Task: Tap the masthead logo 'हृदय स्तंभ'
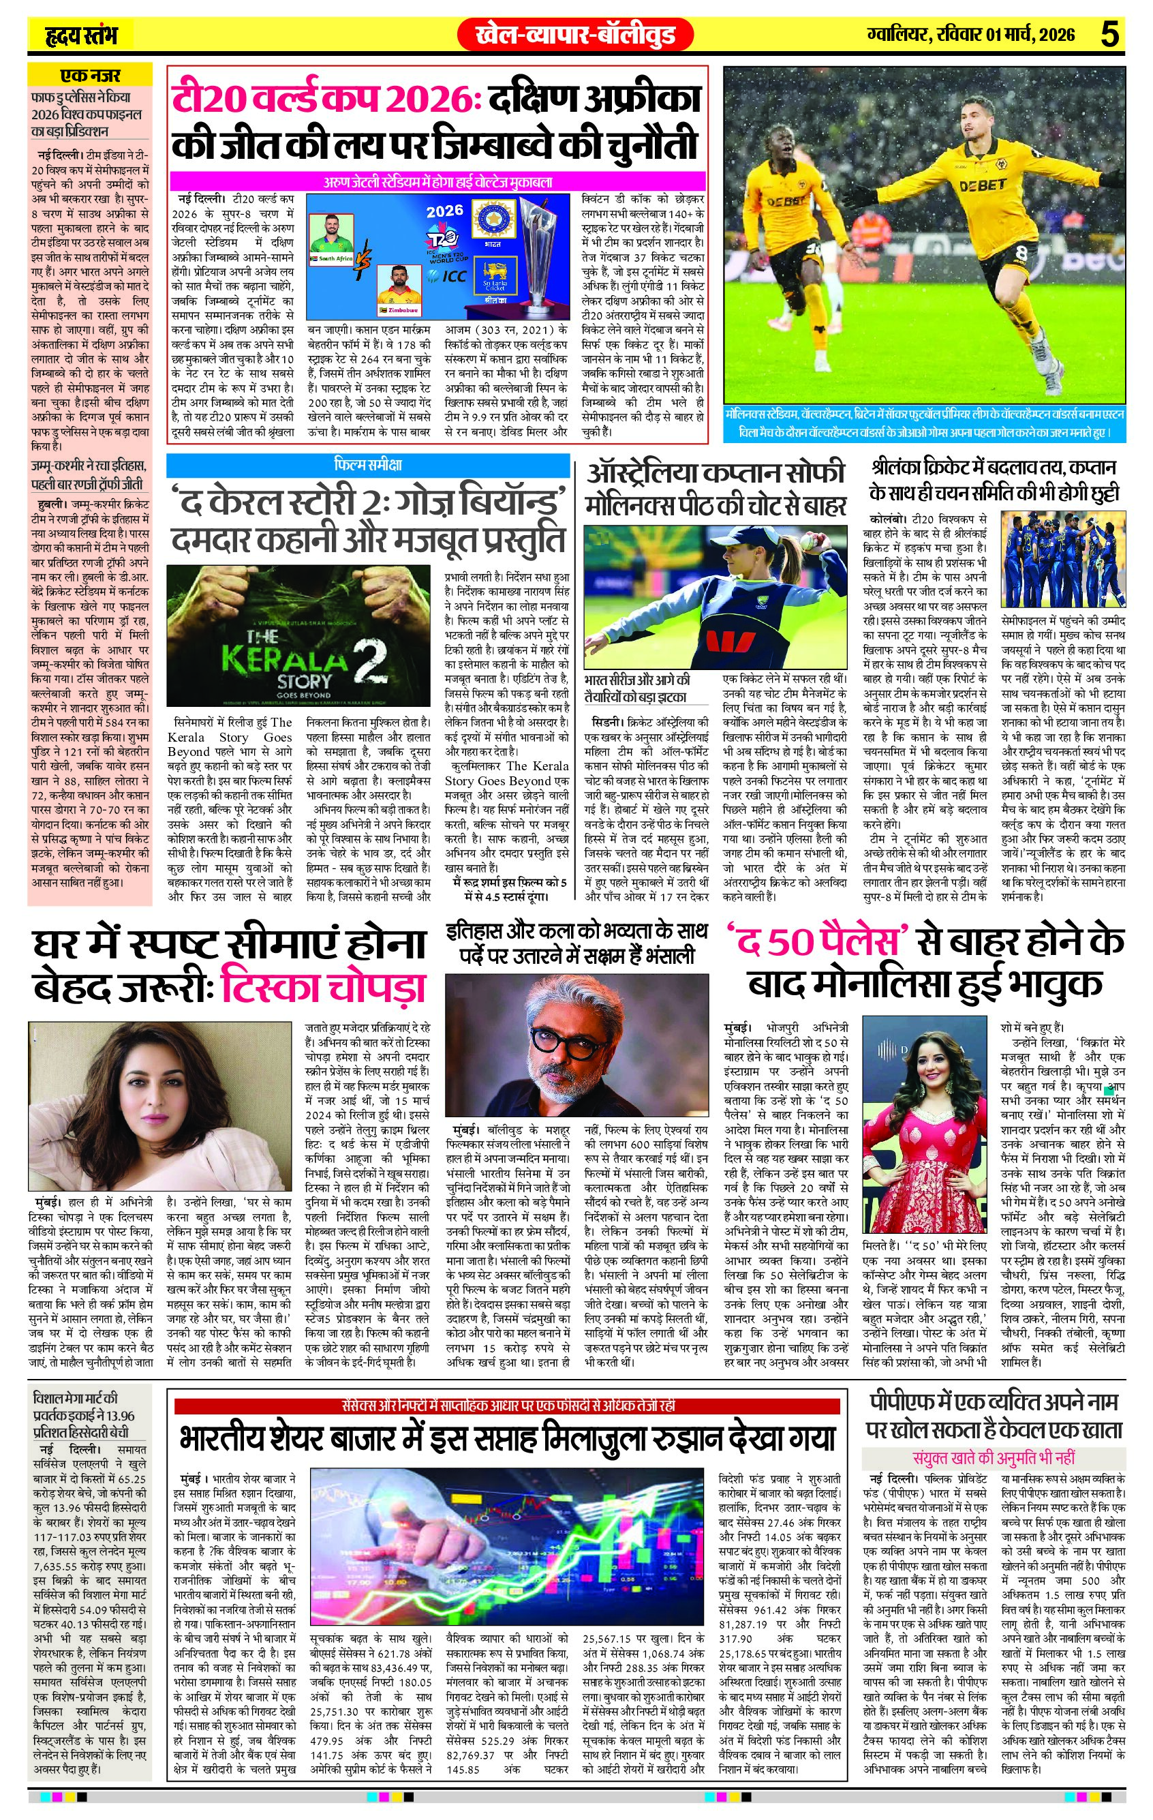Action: [78, 35]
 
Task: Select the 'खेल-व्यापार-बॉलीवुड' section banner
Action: [576, 35]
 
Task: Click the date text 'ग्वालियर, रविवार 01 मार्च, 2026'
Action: [971, 35]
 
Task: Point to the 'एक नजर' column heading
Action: [90, 76]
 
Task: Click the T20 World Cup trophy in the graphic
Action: [539, 257]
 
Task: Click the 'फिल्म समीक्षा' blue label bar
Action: [368, 464]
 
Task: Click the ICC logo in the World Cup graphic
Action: [451, 276]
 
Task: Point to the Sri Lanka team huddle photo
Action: [1062, 560]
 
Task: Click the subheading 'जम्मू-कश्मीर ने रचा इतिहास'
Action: [89, 464]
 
